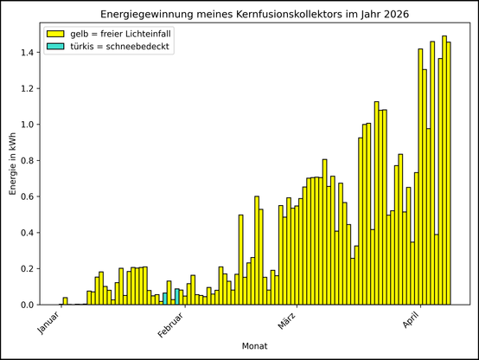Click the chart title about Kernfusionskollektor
click(254, 16)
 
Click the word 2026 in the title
click(394, 16)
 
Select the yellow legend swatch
click(56, 33)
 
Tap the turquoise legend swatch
click(56, 46)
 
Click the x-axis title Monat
click(254, 346)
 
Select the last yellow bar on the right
click(449, 173)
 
